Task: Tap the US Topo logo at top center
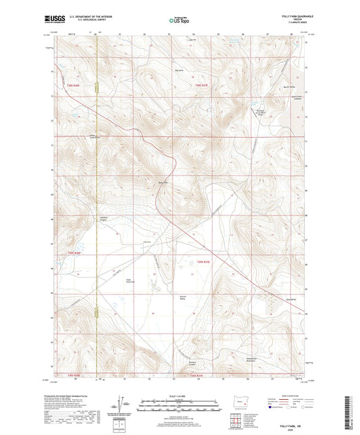click(179, 21)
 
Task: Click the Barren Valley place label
click(290, 86)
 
